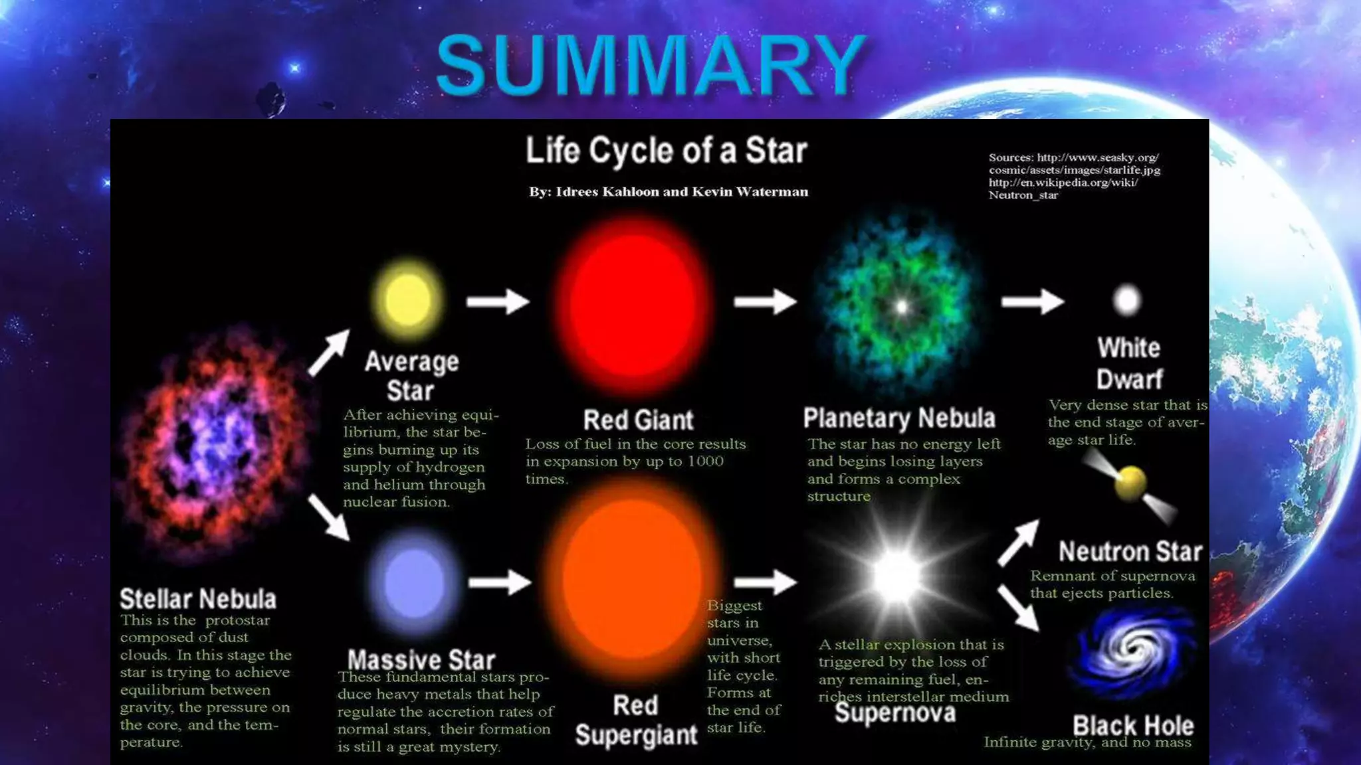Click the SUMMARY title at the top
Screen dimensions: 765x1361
651,65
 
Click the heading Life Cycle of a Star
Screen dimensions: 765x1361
667,150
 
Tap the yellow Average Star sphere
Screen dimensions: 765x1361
407,300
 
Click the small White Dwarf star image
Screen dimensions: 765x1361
1127,300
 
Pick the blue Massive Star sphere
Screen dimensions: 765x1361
414,582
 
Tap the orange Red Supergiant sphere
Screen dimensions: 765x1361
631,578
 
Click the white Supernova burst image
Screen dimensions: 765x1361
897,575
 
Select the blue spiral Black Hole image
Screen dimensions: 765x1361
1134,654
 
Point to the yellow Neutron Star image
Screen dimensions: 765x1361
1130,483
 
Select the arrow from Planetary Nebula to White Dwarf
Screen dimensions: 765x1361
1032,301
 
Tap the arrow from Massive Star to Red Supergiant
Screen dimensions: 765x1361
499,582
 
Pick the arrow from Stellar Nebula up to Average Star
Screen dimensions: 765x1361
329,352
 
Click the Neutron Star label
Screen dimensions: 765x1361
1130,551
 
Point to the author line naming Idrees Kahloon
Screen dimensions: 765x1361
669,192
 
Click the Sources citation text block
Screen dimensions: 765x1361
1074,176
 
